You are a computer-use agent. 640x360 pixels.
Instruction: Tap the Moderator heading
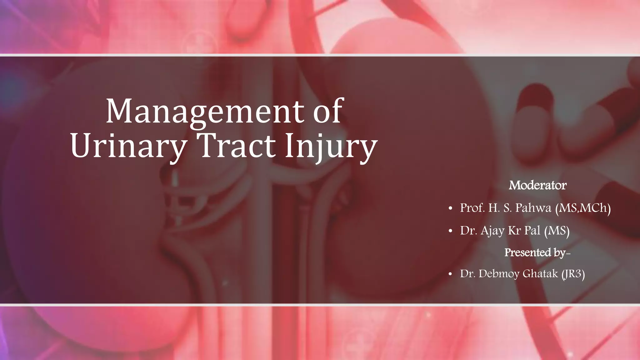[537, 185]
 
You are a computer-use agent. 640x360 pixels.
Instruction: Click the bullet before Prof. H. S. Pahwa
[450, 209]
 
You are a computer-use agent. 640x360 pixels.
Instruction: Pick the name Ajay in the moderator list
[492, 231]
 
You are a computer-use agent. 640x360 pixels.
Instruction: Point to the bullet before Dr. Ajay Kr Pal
[450, 232]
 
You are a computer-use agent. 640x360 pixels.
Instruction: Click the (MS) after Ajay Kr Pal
[557, 231]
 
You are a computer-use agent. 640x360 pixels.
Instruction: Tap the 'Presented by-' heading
[537, 252]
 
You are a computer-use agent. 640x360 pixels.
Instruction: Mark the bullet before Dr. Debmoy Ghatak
[450, 275]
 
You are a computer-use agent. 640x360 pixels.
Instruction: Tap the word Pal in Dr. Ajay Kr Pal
[532, 231]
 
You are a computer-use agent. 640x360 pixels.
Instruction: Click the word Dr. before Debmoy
[467, 274]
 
